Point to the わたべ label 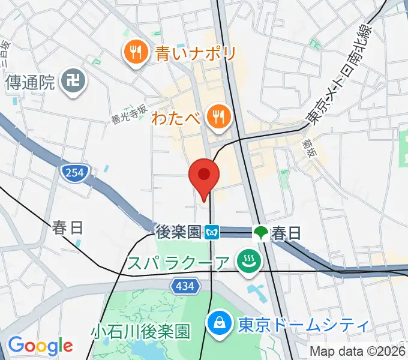176,116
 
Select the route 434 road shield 185,287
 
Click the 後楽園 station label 178,232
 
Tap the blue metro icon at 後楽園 212,232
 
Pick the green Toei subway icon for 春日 260,232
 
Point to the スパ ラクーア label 178,263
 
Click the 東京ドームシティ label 302,325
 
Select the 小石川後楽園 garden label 140,331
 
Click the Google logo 40,345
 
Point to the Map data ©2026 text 358,351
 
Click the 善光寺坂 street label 129,113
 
